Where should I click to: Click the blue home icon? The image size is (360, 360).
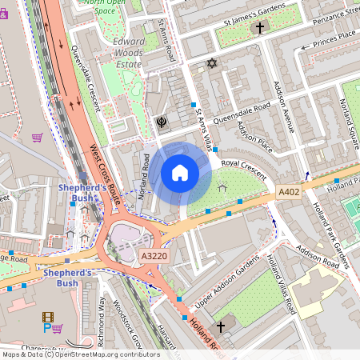[180, 173]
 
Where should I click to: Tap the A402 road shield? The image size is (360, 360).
[289, 193]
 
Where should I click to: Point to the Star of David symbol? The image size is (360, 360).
[212, 63]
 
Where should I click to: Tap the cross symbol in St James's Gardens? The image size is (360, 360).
[258, 28]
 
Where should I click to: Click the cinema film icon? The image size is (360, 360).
[48, 317]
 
